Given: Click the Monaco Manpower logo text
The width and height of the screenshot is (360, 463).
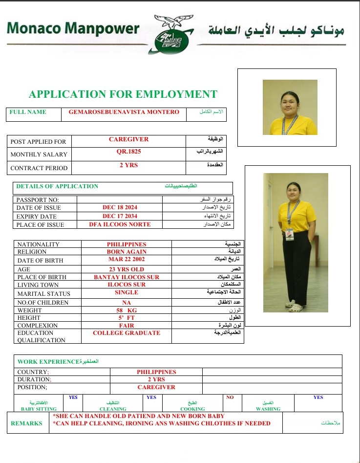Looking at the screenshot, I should click(x=73, y=29).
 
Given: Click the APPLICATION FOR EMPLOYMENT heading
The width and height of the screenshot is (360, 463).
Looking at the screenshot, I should click(x=123, y=94).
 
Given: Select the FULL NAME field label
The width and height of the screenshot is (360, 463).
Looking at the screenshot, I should click(x=28, y=112).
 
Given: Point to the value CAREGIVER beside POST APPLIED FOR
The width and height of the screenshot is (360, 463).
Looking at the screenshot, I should click(x=128, y=139).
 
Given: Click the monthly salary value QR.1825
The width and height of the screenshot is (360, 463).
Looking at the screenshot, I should click(x=128, y=152).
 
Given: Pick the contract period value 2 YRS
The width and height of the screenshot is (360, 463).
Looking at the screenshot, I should click(x=128, y=165).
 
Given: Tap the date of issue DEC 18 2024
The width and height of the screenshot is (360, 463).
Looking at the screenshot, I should click(x=120, y=207).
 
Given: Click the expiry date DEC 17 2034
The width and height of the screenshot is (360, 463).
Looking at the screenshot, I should click(x=120, y=216).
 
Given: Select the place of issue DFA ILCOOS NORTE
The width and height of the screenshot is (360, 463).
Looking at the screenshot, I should click(x=120, y=224).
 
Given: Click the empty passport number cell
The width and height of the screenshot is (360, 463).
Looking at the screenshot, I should click(x=120, y=199).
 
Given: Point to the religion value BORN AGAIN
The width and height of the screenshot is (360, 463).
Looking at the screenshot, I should click(x=127, y=252).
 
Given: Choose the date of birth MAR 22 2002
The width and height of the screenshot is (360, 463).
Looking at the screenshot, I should click(x=127, y=260).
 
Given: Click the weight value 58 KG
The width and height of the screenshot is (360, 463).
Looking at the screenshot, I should click(x=127, y=310).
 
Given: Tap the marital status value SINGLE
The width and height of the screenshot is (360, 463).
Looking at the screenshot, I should click(x=127, y=292).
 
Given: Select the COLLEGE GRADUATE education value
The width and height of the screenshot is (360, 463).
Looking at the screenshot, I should click(x=127, y=333).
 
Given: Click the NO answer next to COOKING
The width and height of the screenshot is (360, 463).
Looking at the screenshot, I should click(x=230, y=397).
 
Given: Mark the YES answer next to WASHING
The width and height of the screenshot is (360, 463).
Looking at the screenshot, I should click(x=318, y=397).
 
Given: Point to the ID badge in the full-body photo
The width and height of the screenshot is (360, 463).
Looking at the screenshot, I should click(x=290, y=235).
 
